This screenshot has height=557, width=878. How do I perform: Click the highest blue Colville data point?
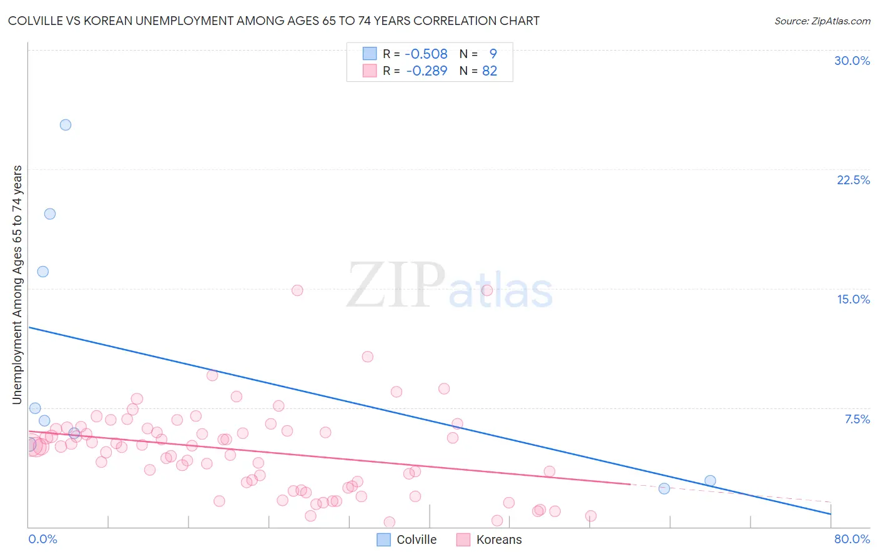click(66, 125)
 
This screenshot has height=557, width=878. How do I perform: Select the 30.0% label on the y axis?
click(852, 61)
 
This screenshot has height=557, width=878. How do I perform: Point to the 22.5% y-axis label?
click(853, 180)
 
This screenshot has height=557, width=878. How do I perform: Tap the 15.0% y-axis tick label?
click(853, 299)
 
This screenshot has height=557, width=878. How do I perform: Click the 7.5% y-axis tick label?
click(857, 419)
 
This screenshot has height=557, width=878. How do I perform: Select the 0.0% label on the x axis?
click(42, 539)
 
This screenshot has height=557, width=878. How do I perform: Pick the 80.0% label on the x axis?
click(852, 539)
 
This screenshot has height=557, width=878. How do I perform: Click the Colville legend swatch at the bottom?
click(384, 540)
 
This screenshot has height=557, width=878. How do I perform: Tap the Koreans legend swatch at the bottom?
click(463, 540)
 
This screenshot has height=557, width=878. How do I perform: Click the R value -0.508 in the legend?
click(426, 54)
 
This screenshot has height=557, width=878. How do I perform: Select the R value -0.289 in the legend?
click(427, 71)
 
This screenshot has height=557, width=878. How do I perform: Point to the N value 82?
click(490, 71)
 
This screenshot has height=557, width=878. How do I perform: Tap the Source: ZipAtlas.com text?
click(822, 21)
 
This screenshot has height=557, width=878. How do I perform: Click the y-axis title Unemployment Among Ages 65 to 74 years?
click(17, 285)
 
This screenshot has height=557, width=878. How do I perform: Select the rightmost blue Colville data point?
click(710, 481)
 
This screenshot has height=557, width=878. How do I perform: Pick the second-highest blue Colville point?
click(50, 214)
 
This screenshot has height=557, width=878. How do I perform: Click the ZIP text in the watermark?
click(395, 286)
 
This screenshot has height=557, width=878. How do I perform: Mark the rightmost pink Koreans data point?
click(591, 516)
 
